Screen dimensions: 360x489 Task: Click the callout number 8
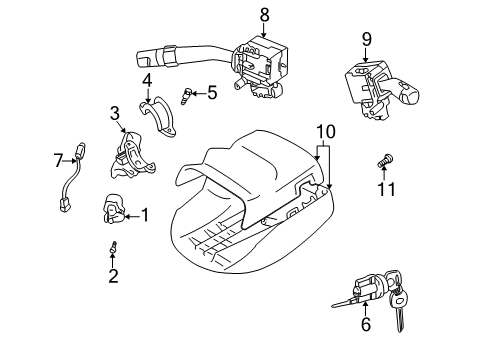click(x=264, y=14)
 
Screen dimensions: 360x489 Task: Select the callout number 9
click(x=366, y=39)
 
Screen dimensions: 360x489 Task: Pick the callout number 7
click(x=58, y=158)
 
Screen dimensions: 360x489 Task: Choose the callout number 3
click(x=115, y=112)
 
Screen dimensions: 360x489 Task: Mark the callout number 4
click(x=146, y=79)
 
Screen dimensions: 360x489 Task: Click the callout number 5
click(x=211, y=93)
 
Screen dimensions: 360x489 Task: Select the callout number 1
click(x=145, y=213)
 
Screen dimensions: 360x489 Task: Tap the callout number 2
click(x=113, y=276)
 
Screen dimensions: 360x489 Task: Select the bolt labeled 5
click(x=186, y=95)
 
